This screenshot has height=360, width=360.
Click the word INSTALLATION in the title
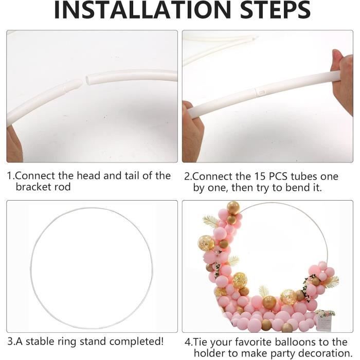(142, 10)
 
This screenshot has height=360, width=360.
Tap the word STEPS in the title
(275, 10)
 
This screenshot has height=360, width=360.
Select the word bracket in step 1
(33, 187)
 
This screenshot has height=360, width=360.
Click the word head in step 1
(88, 176)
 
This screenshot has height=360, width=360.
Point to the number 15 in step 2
(260, 176)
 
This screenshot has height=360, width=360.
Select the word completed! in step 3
(136, 341)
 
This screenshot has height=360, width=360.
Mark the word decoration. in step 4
(323, 353)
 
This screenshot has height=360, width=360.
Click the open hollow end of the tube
(88, 80)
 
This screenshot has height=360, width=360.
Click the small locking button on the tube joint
(262, 92)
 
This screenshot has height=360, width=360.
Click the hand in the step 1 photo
(14, 145)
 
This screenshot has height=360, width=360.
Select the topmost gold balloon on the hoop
(233, 208)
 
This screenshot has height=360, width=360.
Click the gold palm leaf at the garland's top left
(211, 221)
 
